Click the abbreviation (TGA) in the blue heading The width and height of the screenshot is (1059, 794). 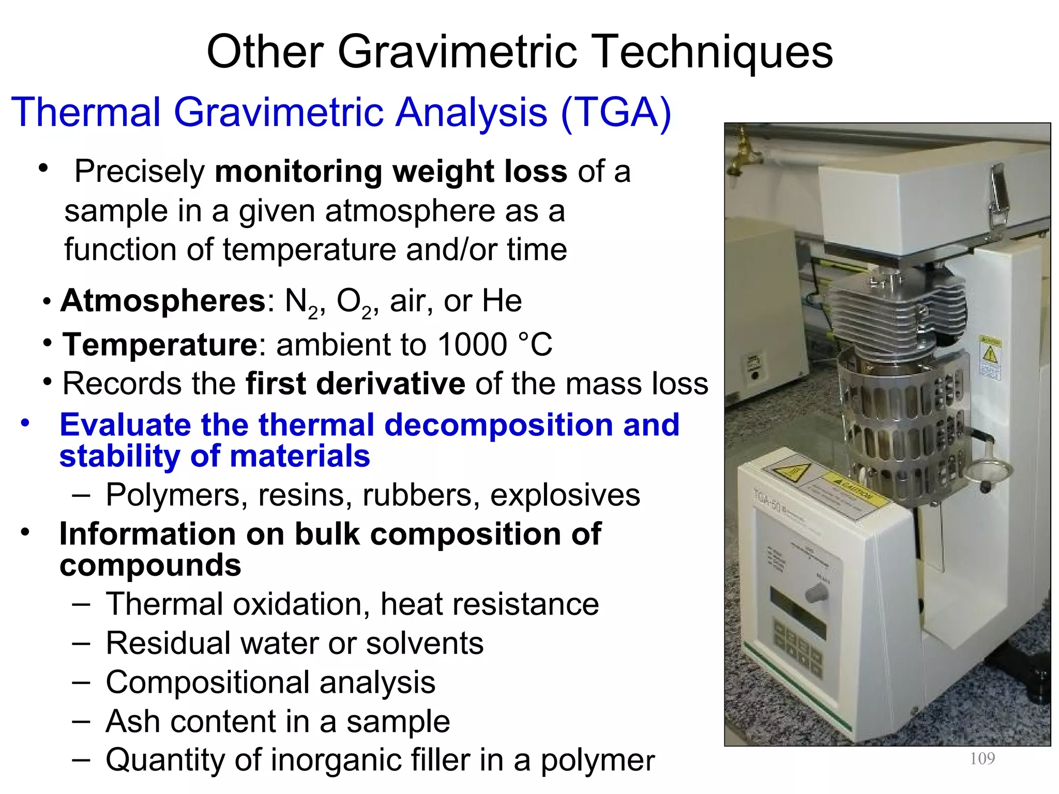(x=616, y=112)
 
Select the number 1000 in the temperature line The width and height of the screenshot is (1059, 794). (x=472, y=345)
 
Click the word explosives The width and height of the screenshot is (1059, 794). (x=565, y=495)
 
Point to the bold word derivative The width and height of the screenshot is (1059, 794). (x=355, y=384)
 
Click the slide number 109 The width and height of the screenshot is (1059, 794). (x=982, y=758)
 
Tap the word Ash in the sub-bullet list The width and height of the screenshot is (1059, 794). (x=132, y=721)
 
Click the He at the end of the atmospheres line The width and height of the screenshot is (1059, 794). (x=501, y=301)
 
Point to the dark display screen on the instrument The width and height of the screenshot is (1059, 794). (x=797, y=613)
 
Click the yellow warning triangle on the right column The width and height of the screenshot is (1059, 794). (x=990, y=356)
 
